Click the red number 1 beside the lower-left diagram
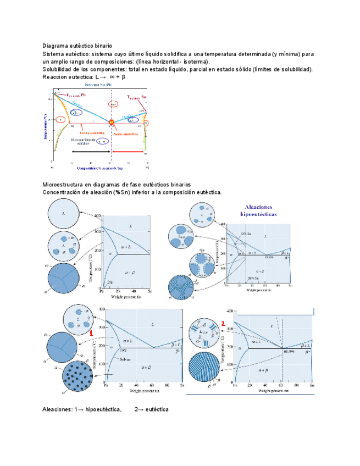click(x=90, y=333)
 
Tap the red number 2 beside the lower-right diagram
click(x=223, y=324)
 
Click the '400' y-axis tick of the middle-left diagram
click(x=97, y=215)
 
